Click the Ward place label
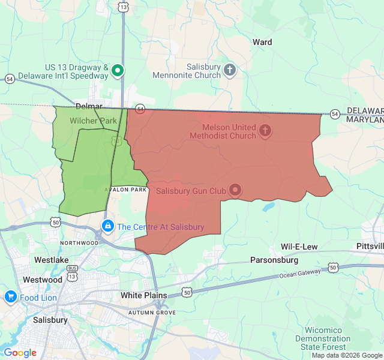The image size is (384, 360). [x=262, y=42]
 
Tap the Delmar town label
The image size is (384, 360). [x=89, y=106]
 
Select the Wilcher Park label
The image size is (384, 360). [x=93, y=121]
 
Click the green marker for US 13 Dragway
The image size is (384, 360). [x=118, y=71]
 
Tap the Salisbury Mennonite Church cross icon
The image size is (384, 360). [x=230, y=71]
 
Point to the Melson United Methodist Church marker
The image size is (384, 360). [x=265, y=130]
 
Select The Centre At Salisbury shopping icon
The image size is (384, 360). [x=107, y=226]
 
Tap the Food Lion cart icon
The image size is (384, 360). [x=10, y=296]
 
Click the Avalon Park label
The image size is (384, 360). [x=126, y=190]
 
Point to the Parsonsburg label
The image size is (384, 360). [x=273, y=260]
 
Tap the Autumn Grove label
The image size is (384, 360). [x=152, y=313]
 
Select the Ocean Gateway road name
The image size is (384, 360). [x=300, y=274]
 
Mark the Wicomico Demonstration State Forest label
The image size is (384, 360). [x=323, y=338]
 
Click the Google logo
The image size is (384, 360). [x=20, y=352]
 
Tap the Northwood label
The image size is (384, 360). [x=79, y=242]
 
